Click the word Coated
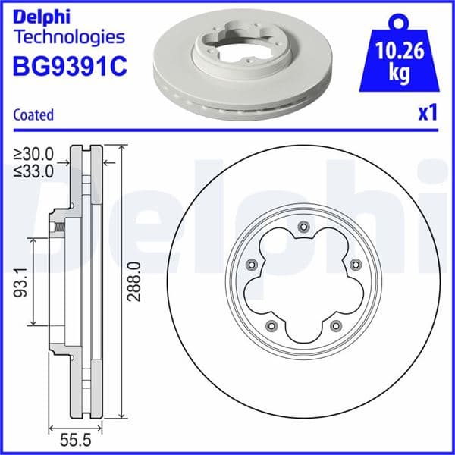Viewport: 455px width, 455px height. click(x=33, y=115)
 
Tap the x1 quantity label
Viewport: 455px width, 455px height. click(x=428, y=114)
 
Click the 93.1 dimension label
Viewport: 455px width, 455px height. click(x=23, y=280)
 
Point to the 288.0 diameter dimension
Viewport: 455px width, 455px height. click(x=133, y=281)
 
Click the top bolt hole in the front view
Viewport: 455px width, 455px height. click(x=303, y=226)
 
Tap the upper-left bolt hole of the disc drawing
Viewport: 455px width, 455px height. click(x=252, y=264)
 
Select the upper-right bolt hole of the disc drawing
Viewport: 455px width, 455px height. click(x=355, y=264)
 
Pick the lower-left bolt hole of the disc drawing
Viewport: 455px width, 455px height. click(x=271, y=325)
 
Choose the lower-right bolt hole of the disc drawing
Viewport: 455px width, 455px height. click(x=335, y=325)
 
